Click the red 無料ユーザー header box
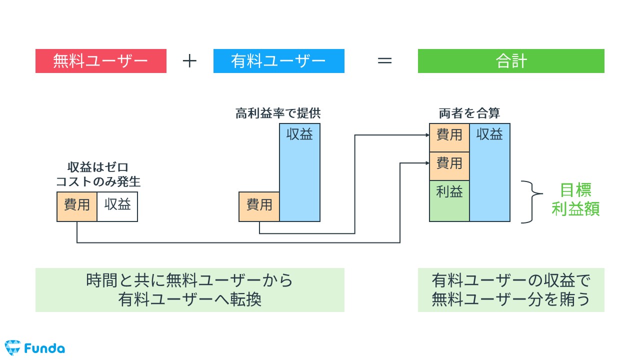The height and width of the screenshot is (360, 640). coord(100,61)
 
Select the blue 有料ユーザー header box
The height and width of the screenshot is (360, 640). coord(278,61)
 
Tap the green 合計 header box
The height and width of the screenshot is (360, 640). coord(511,61)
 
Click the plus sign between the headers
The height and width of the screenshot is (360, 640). coord(189,61)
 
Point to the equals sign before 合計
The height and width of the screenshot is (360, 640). coord(384,61)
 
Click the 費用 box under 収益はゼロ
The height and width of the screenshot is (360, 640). coord(76,206)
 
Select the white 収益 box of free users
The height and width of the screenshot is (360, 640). coord(117,206)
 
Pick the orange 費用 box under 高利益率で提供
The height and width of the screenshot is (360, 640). coord(259,206)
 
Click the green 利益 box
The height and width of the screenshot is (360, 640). coord(449,200)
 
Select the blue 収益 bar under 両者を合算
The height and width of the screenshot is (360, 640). coord(490,172)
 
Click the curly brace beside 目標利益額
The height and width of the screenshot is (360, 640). coord(531,201)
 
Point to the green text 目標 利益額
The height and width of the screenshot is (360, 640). coord(575,199)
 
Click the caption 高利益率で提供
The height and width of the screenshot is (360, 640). coord(278,113)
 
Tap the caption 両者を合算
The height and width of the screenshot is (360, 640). coord(469,113)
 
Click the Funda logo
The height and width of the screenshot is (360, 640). coord(34,347)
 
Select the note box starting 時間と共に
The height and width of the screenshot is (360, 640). coord(189,290)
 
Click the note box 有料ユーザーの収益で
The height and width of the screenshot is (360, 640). coord(511,290)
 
